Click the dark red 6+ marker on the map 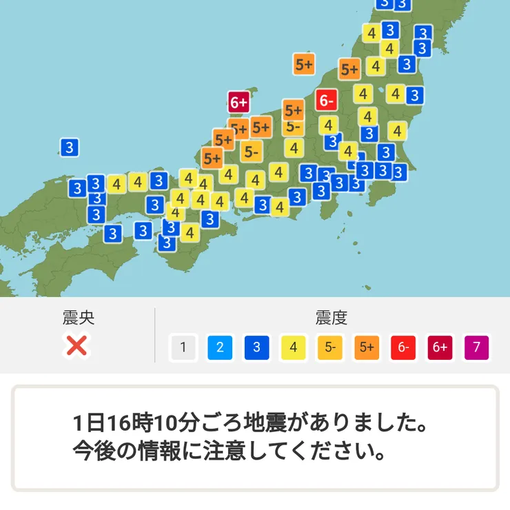click(x=238, y=103)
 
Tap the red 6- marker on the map click(x=327, y=101)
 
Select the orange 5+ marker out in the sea click(x=304, y=65)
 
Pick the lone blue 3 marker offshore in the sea click(x=68, y=147)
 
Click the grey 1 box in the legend click(x=183, y=347)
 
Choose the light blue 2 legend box click(x=220, y=347)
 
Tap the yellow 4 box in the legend click(x=294, y=347)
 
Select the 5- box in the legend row click(x=330, y=347)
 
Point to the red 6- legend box click(x=403, y=347)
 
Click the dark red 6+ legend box click(x=440, y=347)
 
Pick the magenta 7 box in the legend click(x=477, y=347)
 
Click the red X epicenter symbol click(x=76, y=346)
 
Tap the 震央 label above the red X click(x=78, y=318)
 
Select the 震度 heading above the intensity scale click(x=331, y=318)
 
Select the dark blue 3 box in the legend click(x=256, y=347)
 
